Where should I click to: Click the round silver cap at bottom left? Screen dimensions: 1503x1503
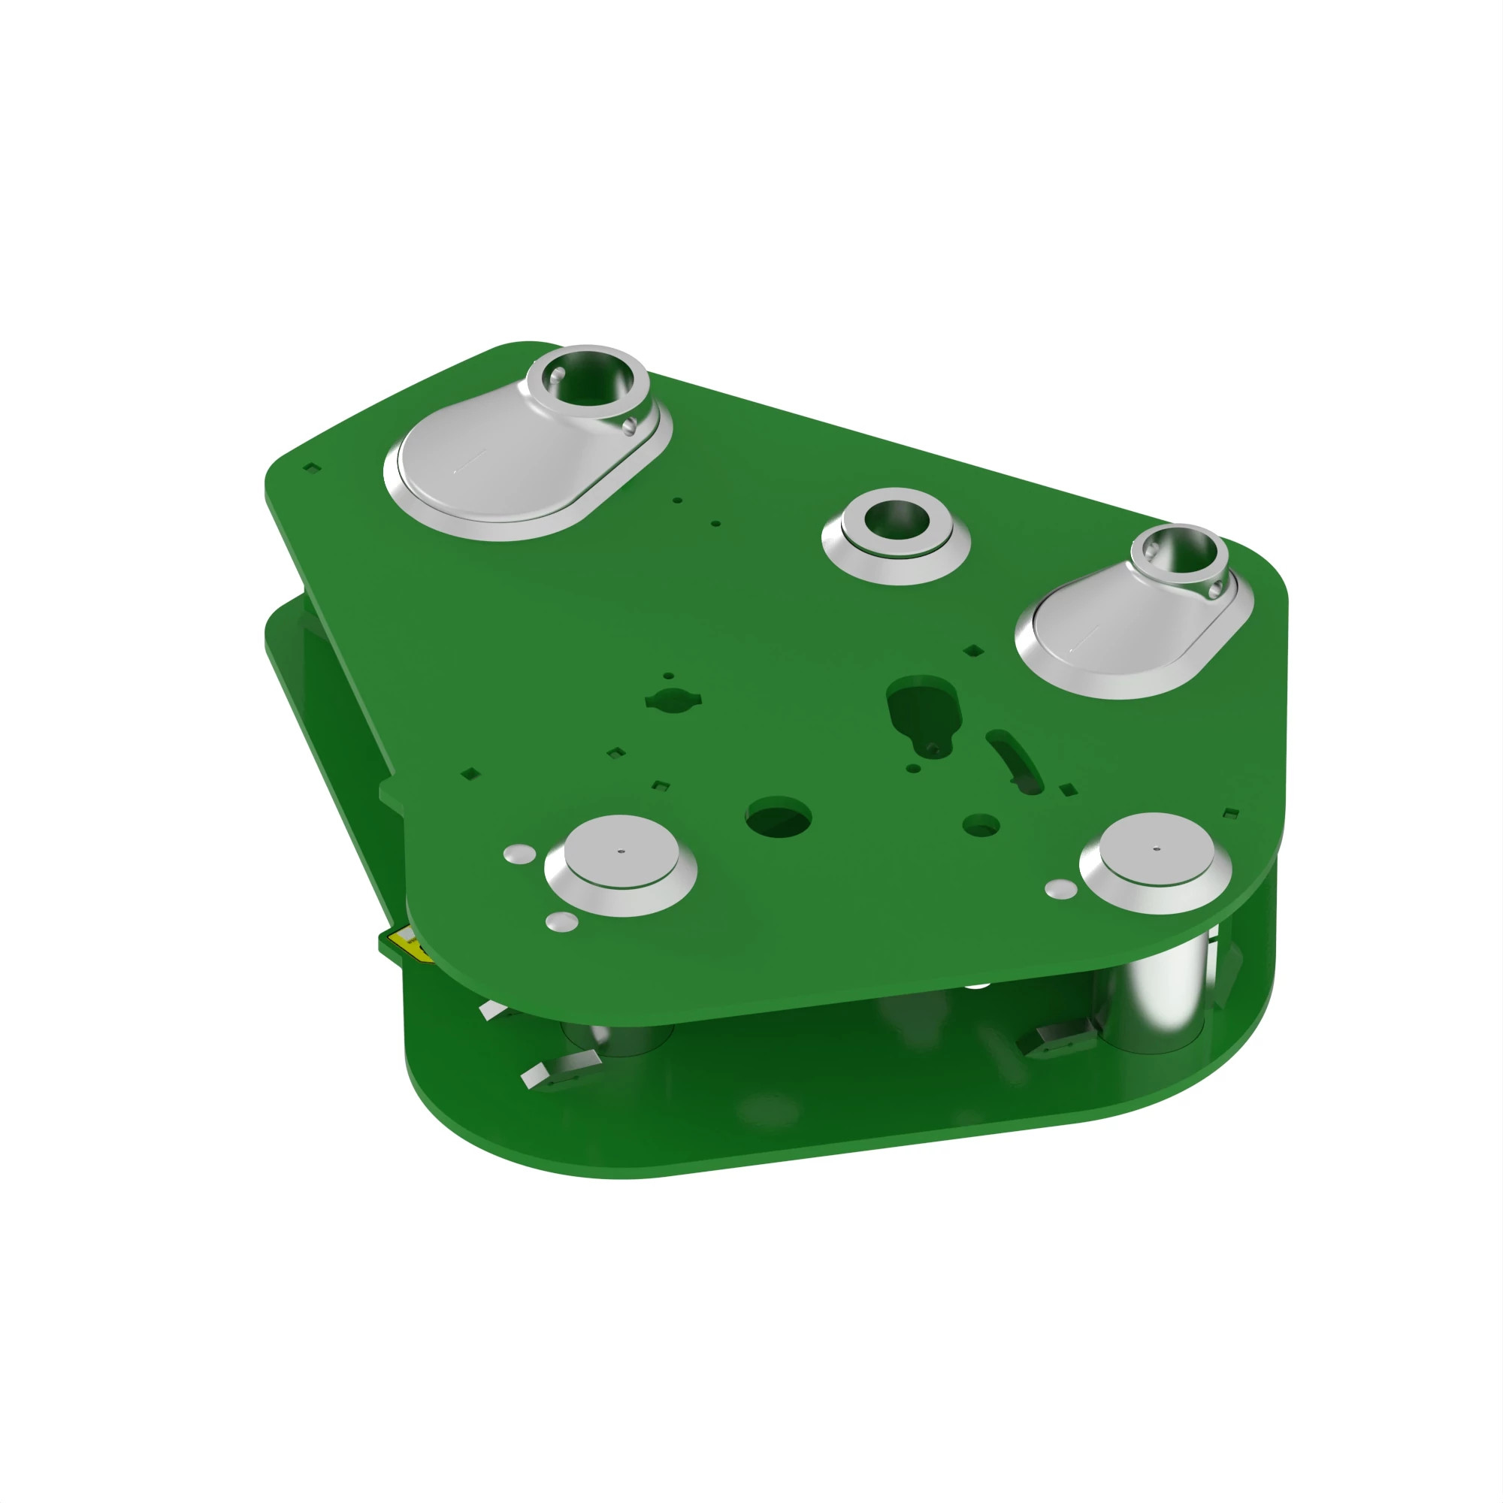[620, 853]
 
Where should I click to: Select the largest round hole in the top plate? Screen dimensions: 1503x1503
[778, 818]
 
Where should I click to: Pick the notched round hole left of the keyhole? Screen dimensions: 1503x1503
[673, 700]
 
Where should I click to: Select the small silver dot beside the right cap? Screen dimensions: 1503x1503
[1060, 889]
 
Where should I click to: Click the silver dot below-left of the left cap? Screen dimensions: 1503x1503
[561, 922]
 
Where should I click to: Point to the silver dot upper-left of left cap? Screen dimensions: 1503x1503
[520, 854]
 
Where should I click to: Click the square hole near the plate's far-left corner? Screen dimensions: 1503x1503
[312, 467]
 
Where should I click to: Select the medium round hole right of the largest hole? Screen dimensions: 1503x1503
[980, 824]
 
